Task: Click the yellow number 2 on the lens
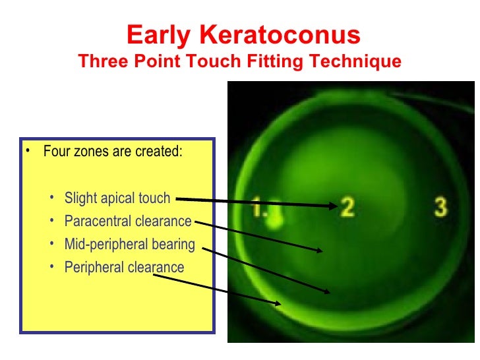pos(347,207)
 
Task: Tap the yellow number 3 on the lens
pos(440,206)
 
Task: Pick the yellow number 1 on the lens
pos(259,209)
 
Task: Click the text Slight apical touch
pos(117,198)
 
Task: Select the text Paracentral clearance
pos(128,222)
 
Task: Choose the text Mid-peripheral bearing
pos(130,245)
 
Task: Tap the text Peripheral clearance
pos(124,268)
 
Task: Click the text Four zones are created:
pos(113,152)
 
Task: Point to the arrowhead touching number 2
pos(332,206)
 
